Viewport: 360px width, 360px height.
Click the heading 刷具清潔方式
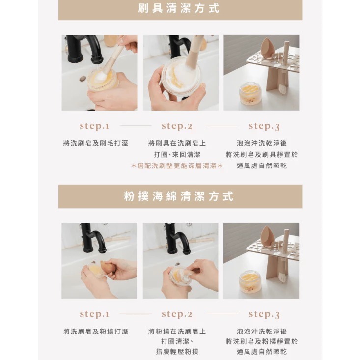click(180, 9)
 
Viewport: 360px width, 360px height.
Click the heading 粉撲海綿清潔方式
click(180, 196)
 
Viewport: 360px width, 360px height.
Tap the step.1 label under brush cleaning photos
click(94, 126)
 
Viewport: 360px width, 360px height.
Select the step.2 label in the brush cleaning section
click(177, 126)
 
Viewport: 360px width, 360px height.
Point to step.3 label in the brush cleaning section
click(264, 126)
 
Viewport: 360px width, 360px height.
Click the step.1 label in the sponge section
click(94, 314)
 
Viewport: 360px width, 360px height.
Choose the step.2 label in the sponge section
click(177, 314)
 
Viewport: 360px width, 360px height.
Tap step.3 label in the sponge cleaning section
click(264, 314)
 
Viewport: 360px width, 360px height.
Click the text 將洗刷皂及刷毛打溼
click(96, 143)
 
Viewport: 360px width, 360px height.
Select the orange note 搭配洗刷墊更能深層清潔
click(177, 166)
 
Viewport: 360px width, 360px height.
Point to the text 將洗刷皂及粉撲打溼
click(96, 332)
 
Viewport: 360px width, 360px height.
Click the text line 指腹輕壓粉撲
click(177, 352)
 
